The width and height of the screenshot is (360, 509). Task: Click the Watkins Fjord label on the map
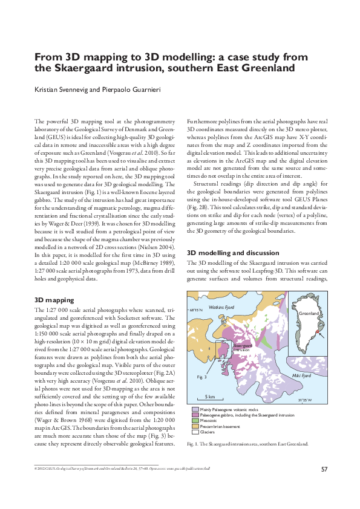click(x=221, y=307)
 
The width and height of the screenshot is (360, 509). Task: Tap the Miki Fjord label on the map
click(x=301, y=375)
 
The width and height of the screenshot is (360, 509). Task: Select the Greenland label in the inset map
click(x=309, y=314)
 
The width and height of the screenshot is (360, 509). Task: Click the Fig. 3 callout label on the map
click(x=202, y=377)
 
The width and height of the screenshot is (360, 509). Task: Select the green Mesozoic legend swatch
click(x=194, y=421)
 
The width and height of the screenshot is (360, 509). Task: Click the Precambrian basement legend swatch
click(x=194, y=426)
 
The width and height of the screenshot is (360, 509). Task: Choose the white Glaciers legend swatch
click(x=194, y=432)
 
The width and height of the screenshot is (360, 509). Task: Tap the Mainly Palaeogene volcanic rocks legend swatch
click(x=194, y=410)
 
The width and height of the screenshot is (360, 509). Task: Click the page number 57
click(x=324, y=469)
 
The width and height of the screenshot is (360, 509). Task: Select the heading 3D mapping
click(x=54, y=300)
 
